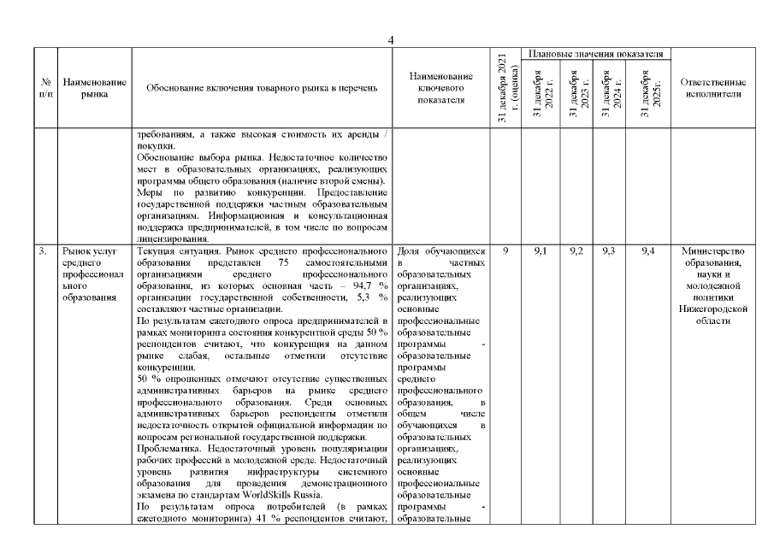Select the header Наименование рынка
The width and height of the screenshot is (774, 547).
(95, 88)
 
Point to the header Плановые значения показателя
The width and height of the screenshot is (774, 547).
(596, 54)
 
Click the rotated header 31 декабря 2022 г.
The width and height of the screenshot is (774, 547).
(543, 94)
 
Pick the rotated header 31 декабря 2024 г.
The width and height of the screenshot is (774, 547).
(612, 94)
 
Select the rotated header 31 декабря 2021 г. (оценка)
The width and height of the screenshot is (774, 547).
(505, 90)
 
